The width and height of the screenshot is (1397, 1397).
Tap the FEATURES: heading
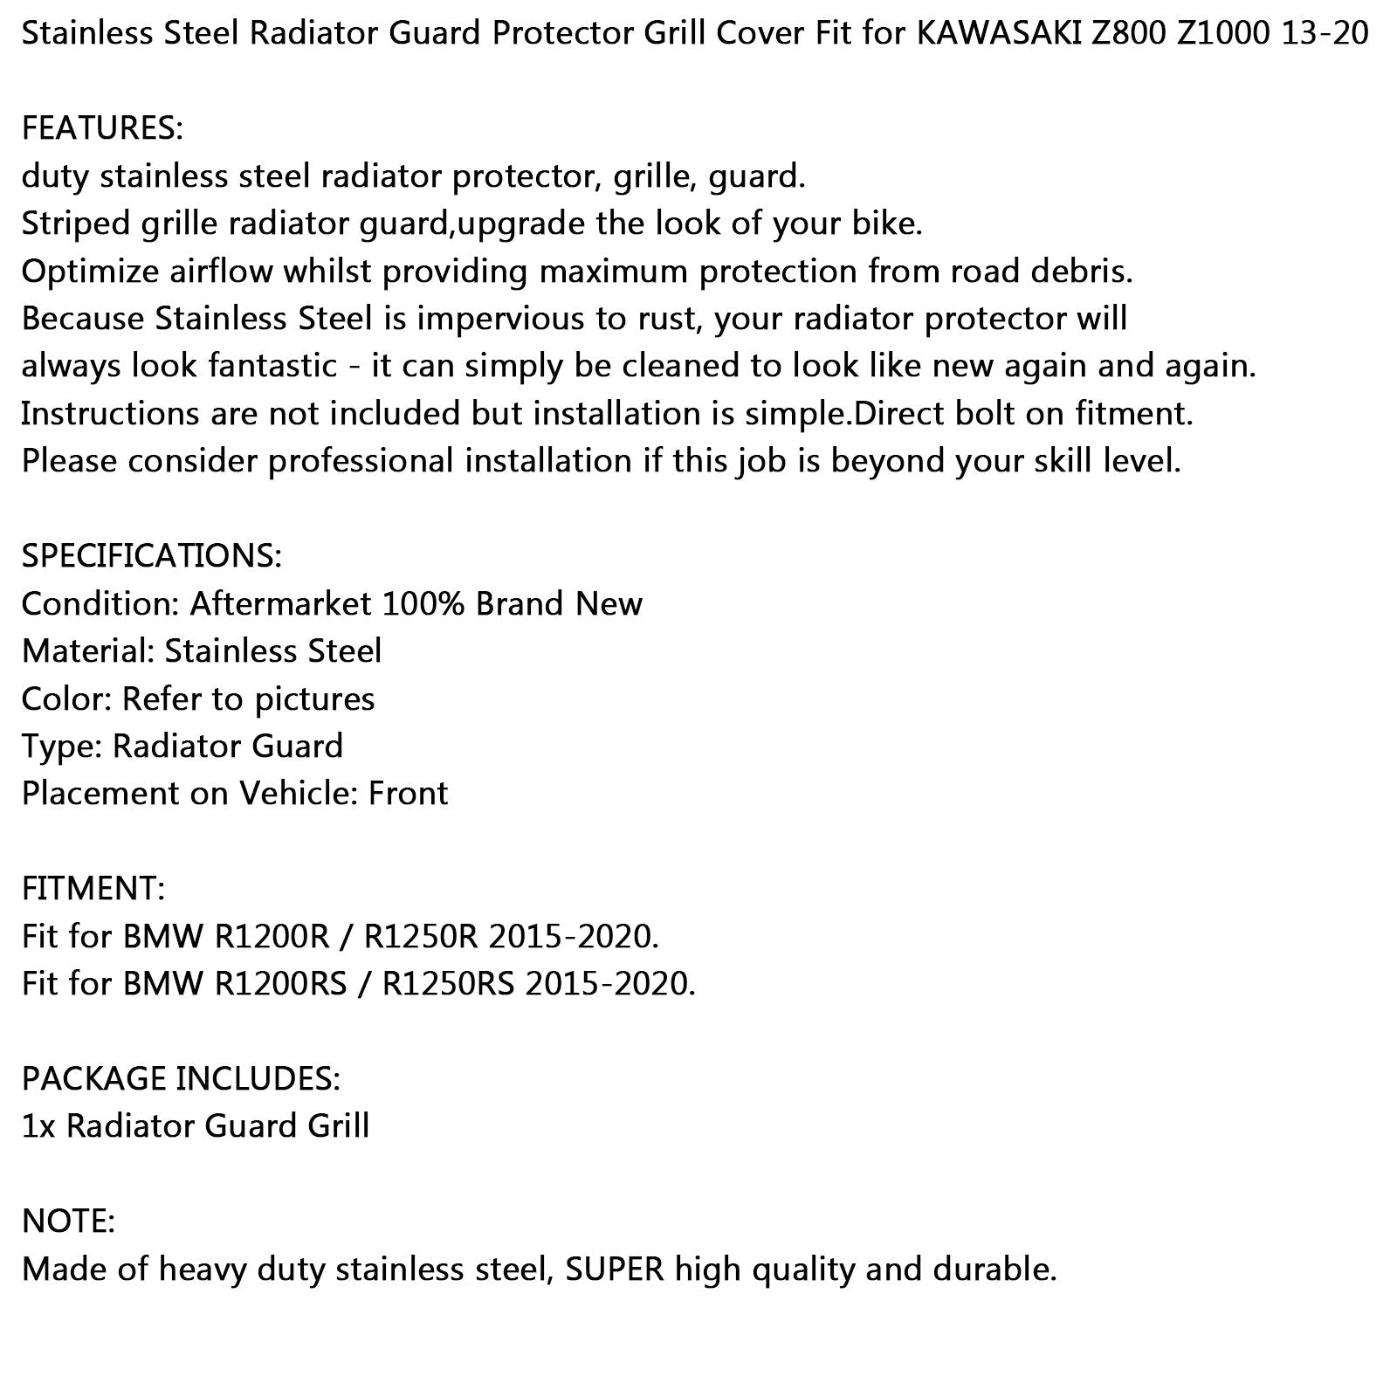102,128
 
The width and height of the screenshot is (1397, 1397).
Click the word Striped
75,224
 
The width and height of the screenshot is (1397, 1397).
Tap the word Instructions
110,413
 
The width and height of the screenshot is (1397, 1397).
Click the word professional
361,461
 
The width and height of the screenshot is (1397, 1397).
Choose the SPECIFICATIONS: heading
151,555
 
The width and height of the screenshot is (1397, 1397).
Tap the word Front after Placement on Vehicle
408,794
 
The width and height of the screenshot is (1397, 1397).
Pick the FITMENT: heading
93,889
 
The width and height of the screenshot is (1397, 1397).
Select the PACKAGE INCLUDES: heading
181,1079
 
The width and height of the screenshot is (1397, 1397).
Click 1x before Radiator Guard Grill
38,1126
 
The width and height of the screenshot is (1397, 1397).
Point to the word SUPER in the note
615,1270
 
